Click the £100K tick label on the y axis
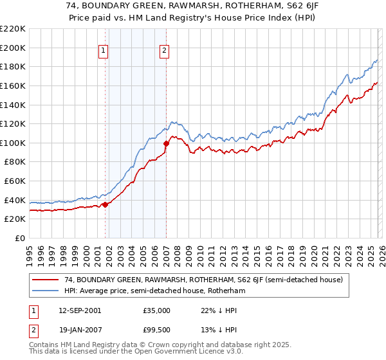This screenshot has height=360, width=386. pos(13,143)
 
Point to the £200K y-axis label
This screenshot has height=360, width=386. pos(13,48)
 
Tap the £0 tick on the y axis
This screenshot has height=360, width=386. pos(19,239)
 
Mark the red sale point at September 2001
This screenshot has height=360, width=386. pos(106,205)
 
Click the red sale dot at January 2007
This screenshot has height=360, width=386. pos(166,143)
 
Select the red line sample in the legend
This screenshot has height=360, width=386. pos(46,280)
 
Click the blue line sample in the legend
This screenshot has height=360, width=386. pos(46,291)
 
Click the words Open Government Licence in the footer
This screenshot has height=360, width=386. pos(196,352)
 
